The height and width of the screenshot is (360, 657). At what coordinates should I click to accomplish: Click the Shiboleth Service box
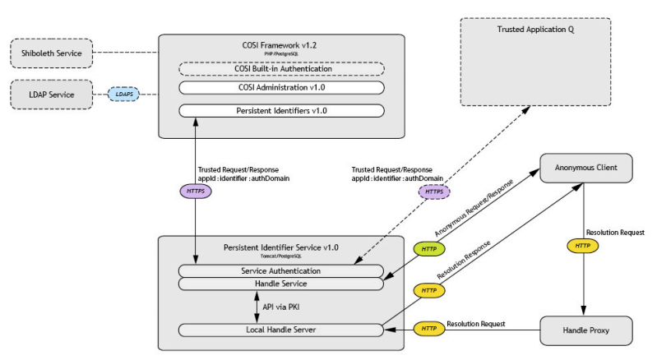49,55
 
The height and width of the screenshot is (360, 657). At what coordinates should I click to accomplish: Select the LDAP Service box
49,95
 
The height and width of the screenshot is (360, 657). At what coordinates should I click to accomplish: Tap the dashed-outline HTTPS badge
435,191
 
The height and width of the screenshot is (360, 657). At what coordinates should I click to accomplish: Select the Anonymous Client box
585,168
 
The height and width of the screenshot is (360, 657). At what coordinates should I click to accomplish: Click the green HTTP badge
428,248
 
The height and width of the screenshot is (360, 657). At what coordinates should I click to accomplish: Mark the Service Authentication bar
280,270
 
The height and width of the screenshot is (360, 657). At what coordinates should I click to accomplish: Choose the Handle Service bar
280,284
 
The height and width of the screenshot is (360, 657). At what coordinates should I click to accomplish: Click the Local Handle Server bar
280,330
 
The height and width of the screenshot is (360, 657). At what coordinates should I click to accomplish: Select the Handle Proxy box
585,330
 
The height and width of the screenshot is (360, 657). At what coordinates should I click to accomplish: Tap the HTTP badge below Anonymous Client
581,245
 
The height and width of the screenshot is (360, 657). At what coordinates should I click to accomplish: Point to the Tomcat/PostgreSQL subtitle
280,256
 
